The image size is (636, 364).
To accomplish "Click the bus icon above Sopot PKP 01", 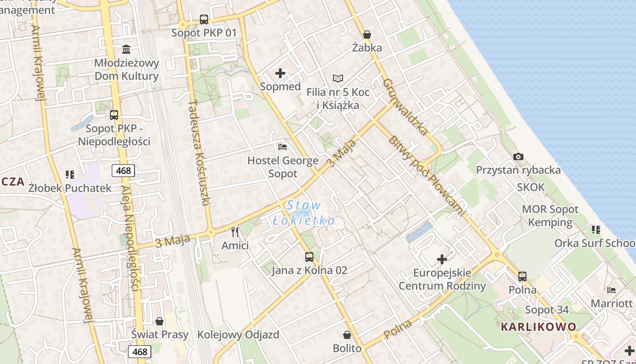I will pos(204,20).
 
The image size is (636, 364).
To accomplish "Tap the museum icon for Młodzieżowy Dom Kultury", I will pos(126,49).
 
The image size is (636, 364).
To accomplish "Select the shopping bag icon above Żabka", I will pos(367,35).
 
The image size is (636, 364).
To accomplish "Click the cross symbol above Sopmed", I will pos(280,73).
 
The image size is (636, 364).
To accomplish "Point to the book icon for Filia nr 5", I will pos(338,79).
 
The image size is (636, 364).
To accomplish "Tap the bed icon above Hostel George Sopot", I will pos(283,147).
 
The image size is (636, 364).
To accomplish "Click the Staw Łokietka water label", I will pos(304,213).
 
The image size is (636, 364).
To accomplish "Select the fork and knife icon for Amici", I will pos(235,232).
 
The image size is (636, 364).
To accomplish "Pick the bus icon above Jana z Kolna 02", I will pos(309,257).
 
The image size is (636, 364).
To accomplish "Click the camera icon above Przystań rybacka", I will pos(518,157).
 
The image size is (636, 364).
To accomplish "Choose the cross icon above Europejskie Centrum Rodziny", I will pos(442,259).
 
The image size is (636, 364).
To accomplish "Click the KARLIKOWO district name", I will pos(538,327).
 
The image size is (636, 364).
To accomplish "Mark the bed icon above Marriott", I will pos(611,290).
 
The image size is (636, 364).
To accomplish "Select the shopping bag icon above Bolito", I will pos(347,335).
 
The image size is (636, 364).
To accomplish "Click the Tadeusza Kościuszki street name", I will pos(198,152).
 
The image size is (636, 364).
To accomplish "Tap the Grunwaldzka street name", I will pos(405,107).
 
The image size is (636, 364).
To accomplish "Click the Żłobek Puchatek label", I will pos(70,188).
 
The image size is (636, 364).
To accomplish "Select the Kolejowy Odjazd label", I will pos(238,335).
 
